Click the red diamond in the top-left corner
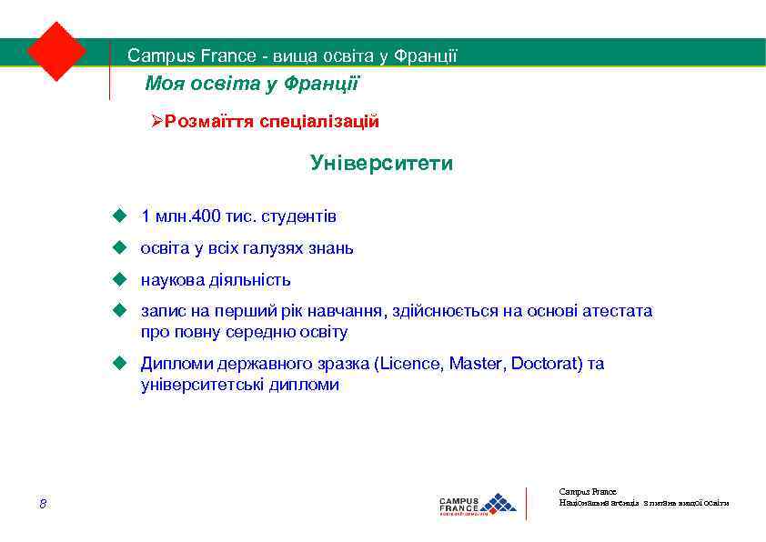56,51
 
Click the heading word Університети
381,164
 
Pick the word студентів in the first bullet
304,216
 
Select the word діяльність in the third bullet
250,279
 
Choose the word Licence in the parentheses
408,364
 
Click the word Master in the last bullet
477,364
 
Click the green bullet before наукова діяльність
117,279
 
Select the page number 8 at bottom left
43,504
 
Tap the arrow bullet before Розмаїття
156,121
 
